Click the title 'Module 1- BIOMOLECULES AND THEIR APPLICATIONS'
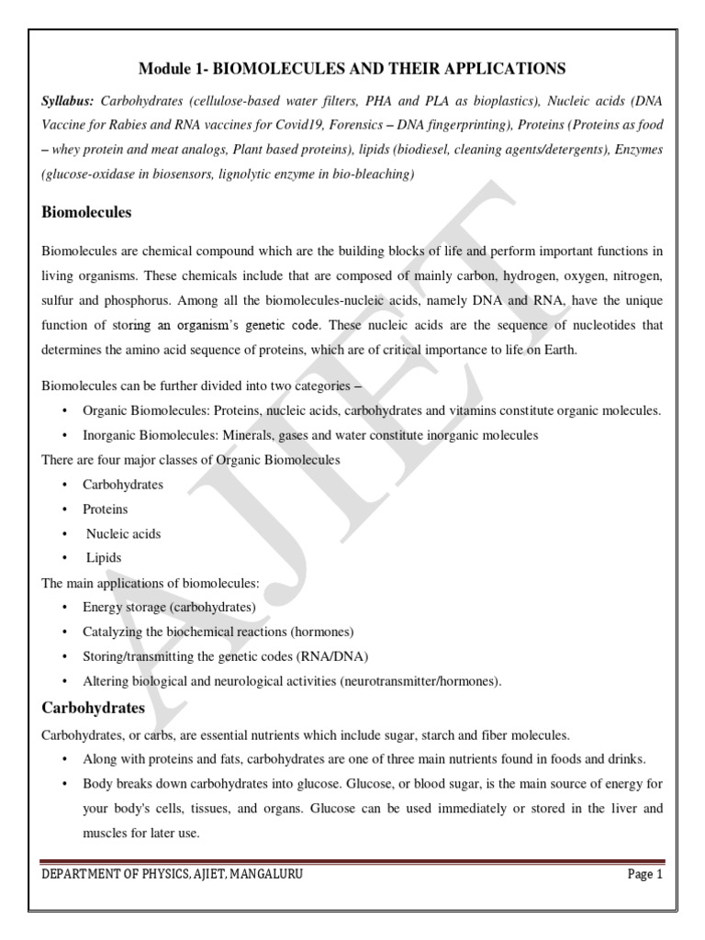point(352,69)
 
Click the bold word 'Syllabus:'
point(70,99)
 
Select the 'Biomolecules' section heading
point(87,212)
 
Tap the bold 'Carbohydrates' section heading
point(94,709)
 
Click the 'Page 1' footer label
point(644,875)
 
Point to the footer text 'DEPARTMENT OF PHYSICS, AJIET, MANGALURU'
point(172,875)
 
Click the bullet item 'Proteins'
point(106,509)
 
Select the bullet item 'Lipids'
point(104,557)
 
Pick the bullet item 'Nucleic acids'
point(123,533)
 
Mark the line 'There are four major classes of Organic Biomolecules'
point(191,459)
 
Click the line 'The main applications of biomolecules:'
point(151,583)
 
